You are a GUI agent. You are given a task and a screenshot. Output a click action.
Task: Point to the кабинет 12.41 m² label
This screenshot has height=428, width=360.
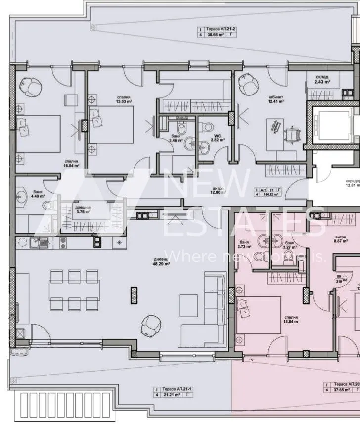[275, 99]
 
